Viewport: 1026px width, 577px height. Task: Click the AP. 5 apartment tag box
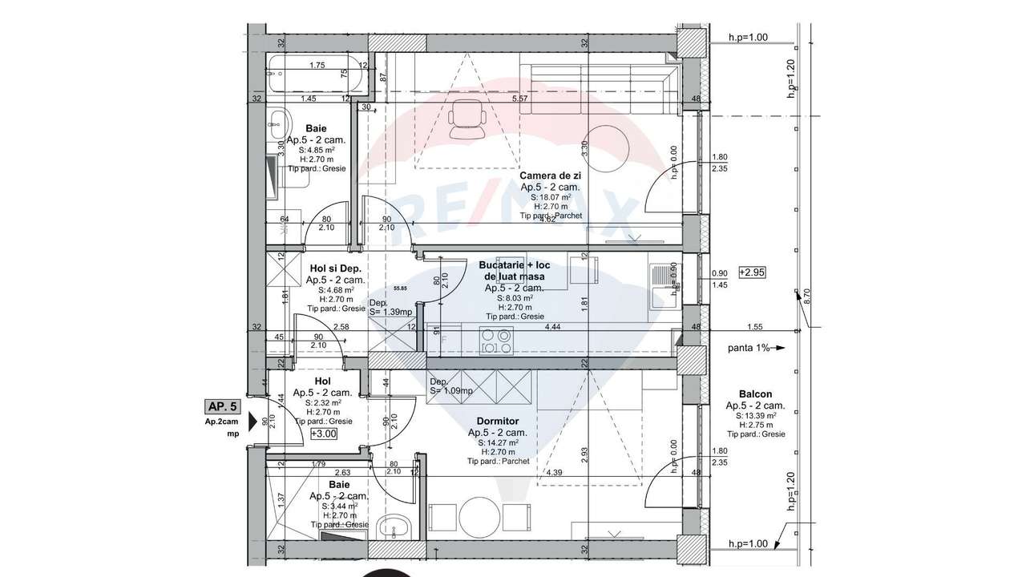(222, 406)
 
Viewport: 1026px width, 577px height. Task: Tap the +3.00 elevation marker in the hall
(324, 434)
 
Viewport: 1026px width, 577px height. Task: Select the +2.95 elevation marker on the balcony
(753, 272)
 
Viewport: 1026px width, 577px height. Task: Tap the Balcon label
(755, 394)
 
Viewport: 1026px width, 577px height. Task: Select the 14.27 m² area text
(497, 442)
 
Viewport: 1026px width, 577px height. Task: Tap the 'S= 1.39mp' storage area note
(390, 312)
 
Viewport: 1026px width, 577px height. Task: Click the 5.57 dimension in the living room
(519, 99)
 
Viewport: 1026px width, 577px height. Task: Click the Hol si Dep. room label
(336, 268)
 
